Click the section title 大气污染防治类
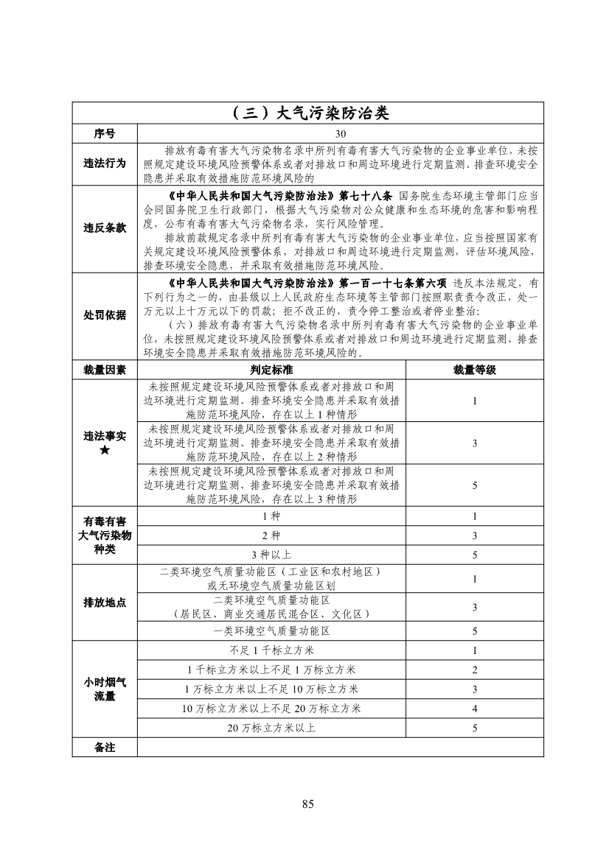click(x=307, y=113)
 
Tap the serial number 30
click(x=340, y=134)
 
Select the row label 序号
click(x=105, y=134)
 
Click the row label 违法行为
click(x=105, y=164)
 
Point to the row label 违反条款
click(x=105, y=228)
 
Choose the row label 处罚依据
click(x=105, y=316)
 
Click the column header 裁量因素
click(x=105, y=369)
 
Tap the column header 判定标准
click(x=271, y=369)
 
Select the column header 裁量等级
click(x=475, y=369)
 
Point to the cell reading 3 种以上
click(x=271, y=555)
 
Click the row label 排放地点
click(x=105, y=602)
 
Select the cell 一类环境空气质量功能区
click(x=271, y=631)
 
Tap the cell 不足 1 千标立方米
click(x=271, y=650)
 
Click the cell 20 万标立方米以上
click(x=271, y=728)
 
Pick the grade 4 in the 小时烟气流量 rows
click(x=475, y=709)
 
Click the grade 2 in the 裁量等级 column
click(x=475, y=670)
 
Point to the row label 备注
click(x=105, y=747)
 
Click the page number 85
click(x=307, y=804)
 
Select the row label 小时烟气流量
click(x=105, y=689)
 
